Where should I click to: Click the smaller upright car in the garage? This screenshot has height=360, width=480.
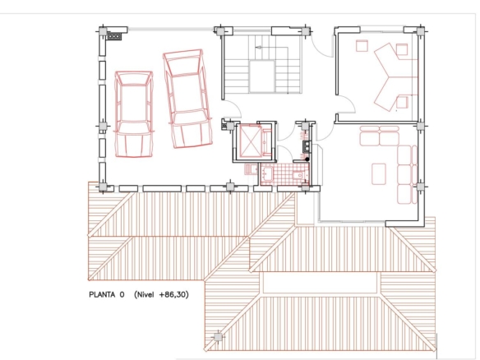pyautogui.click(x=134, y=114)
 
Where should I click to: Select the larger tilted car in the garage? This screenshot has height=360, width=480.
pyautogui.click(x=187, y=99)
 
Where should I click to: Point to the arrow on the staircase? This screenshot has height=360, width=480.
pyautogui.click(x=259, y=48)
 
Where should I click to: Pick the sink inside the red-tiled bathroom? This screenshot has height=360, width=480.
pyautogui.click(x=265, y=173)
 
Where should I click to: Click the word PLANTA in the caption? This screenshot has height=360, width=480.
pyautogui.click(x=102, y=294)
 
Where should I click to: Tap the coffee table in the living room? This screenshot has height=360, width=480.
pyautogui.click(x=379, y=174)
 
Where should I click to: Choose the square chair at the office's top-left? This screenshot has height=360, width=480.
pyautogui.click(x=362, y=46)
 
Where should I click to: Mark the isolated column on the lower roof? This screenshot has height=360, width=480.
pyautogui.click(x=218, y=337)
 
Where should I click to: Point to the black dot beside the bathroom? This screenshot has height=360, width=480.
pyautogui.click(x=307, y=159)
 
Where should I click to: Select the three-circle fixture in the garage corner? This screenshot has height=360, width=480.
pyautogui.click(x=114, y=36)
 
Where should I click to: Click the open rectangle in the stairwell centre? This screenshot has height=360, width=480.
pyautogui.click(x=261, y=76)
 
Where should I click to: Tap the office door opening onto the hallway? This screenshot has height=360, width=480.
pyautogui.click(x=347, y=104)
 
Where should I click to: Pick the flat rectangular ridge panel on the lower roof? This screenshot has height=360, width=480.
pyautogui.click(x=320, y=283)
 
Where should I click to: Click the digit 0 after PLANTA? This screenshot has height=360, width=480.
pyautogui.click(x=122, y=294)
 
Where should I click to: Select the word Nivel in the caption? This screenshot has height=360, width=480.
pyautogui.click(x=145, y=294)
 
